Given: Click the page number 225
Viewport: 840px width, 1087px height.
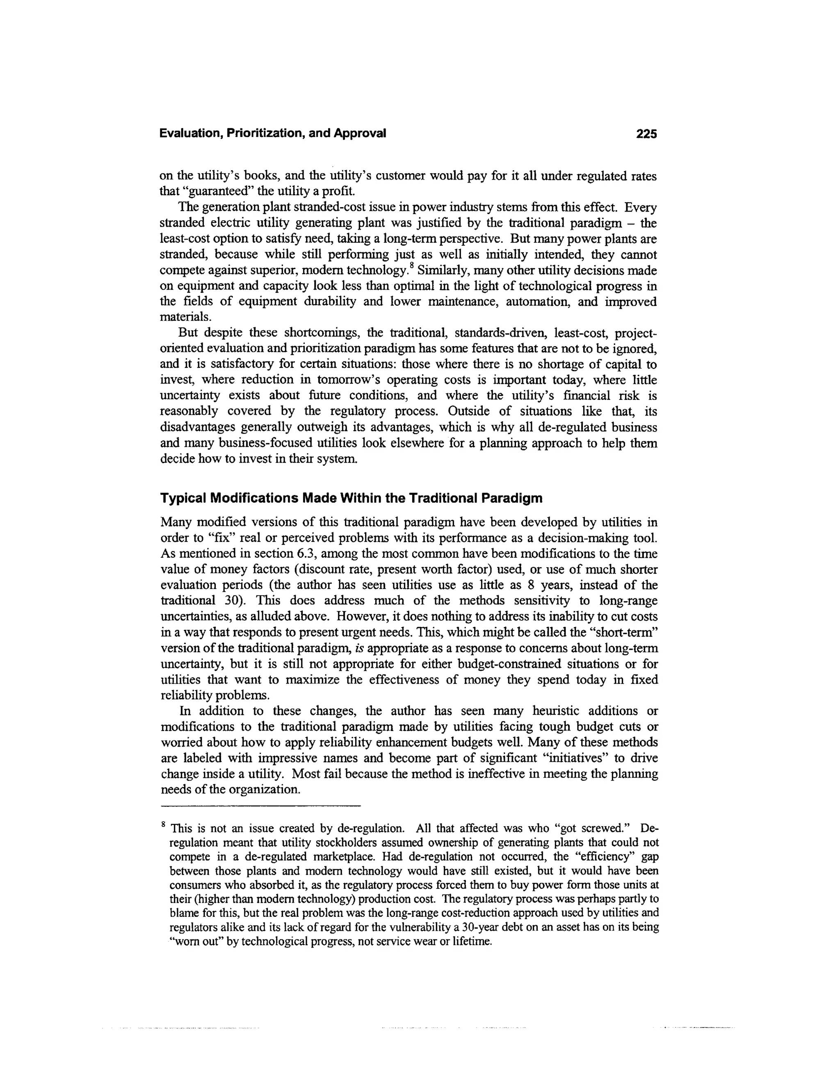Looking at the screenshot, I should tap(646, 133).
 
